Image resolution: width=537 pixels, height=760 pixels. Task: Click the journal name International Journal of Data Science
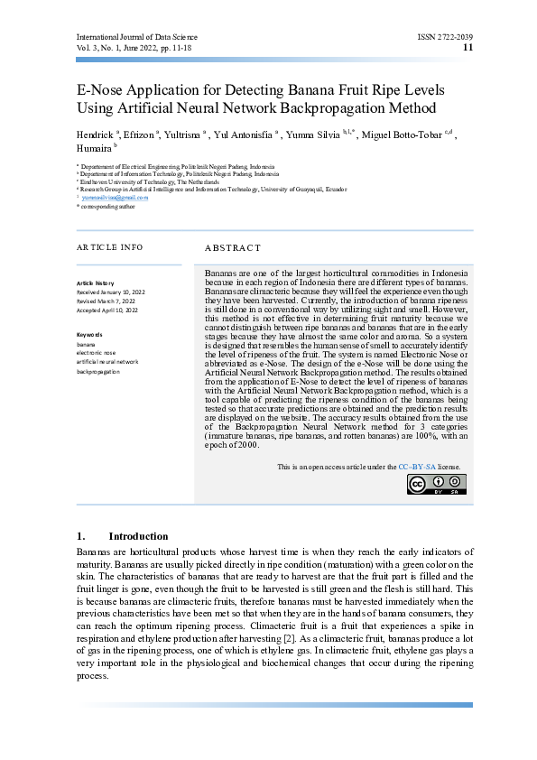pyautogui.click(x=136, y=37)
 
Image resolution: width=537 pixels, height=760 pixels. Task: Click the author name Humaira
pyautogui.click(x=94, y=147)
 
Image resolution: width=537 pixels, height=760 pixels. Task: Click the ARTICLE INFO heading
pyautogui.click(x=109, y=246)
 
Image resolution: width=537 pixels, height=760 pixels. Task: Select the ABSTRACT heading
pyautogui.click(x=233, y=247)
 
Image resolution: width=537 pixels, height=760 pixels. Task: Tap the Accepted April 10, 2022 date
pyautogui.click(x=107, y=310)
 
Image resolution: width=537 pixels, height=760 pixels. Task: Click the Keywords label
pyautogui.click(x=90, y=335)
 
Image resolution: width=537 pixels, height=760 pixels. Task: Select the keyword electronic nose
pyautogui.click(x=97, y=353)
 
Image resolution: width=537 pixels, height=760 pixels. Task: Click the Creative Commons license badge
pyautogui.click(x=437, y=485)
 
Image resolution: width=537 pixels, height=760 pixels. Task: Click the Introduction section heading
pyautogui.click(x=137, y=536)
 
